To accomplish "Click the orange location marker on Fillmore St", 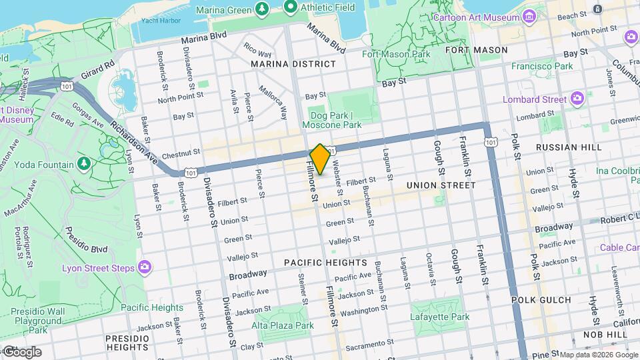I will (320, 159).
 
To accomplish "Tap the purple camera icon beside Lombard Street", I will (577, 99).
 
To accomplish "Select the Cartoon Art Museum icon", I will (530, 16).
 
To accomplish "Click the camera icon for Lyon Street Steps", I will (144, 267).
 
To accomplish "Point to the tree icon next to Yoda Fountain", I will (83, 164).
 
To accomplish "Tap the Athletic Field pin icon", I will (290, 8).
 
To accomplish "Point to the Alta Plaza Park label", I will (283, 325).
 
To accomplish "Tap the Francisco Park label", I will (542, 66).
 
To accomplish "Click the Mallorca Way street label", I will (273, 98).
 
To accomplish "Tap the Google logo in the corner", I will (21, 351).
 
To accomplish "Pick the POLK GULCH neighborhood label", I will (541, 300).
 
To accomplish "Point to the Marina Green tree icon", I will (262, 8).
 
